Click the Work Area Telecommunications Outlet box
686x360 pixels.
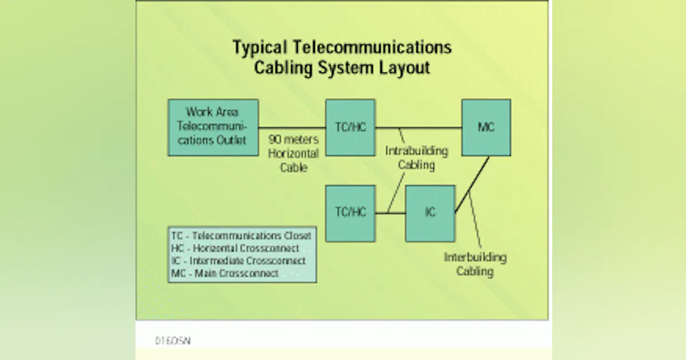click(x=213, y=127)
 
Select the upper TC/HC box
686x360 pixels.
click(x=350, y=127)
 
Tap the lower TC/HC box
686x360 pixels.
click(x=350, y=213)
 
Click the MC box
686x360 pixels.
click(x=486, y=127)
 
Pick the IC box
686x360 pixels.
click(x=430, y=213)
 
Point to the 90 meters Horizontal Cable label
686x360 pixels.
click(x=293, y=154)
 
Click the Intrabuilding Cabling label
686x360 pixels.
click(x=416, y=158)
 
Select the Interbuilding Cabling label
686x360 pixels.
click(x=475, y=264)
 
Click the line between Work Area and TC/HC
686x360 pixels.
click(x=292, y=127)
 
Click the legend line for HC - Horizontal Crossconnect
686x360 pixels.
click(x=235, y=248)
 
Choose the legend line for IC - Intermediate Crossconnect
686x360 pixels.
click(x=238, y=261)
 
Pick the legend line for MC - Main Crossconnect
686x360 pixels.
click(x=225, y=273)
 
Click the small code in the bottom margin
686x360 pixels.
click(x=173, y=341)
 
